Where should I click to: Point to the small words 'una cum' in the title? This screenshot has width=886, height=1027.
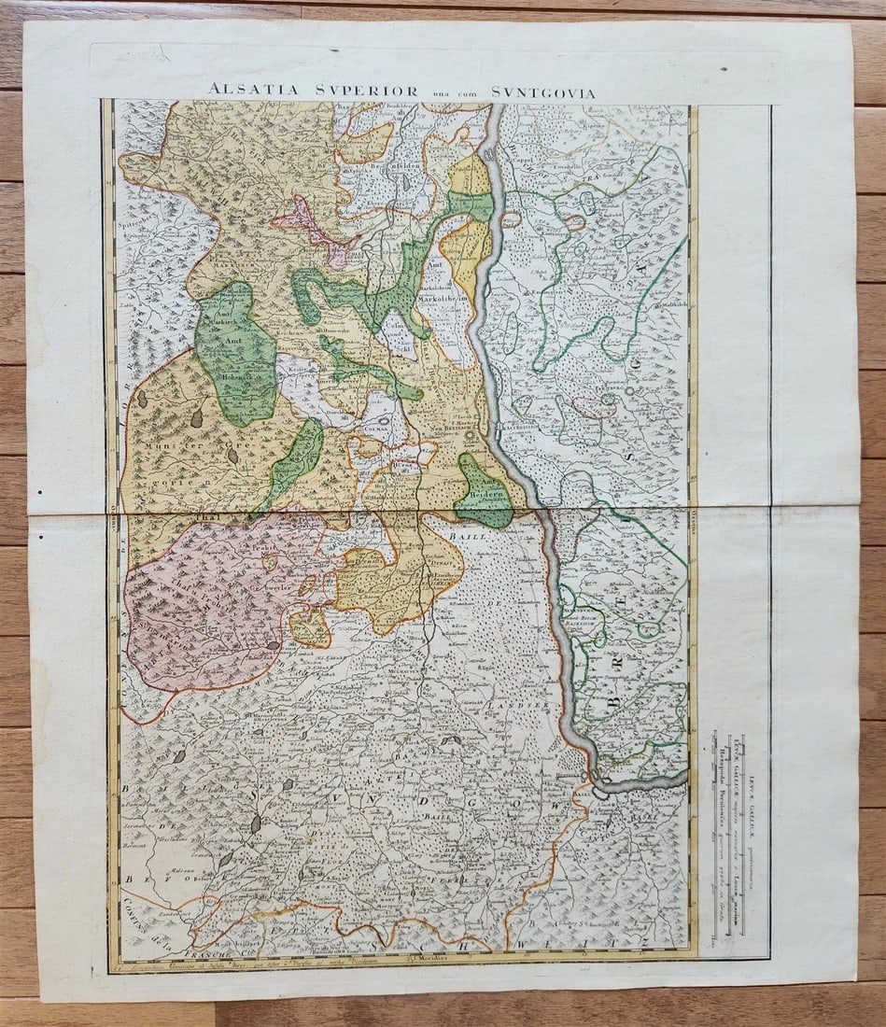point(449,92)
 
